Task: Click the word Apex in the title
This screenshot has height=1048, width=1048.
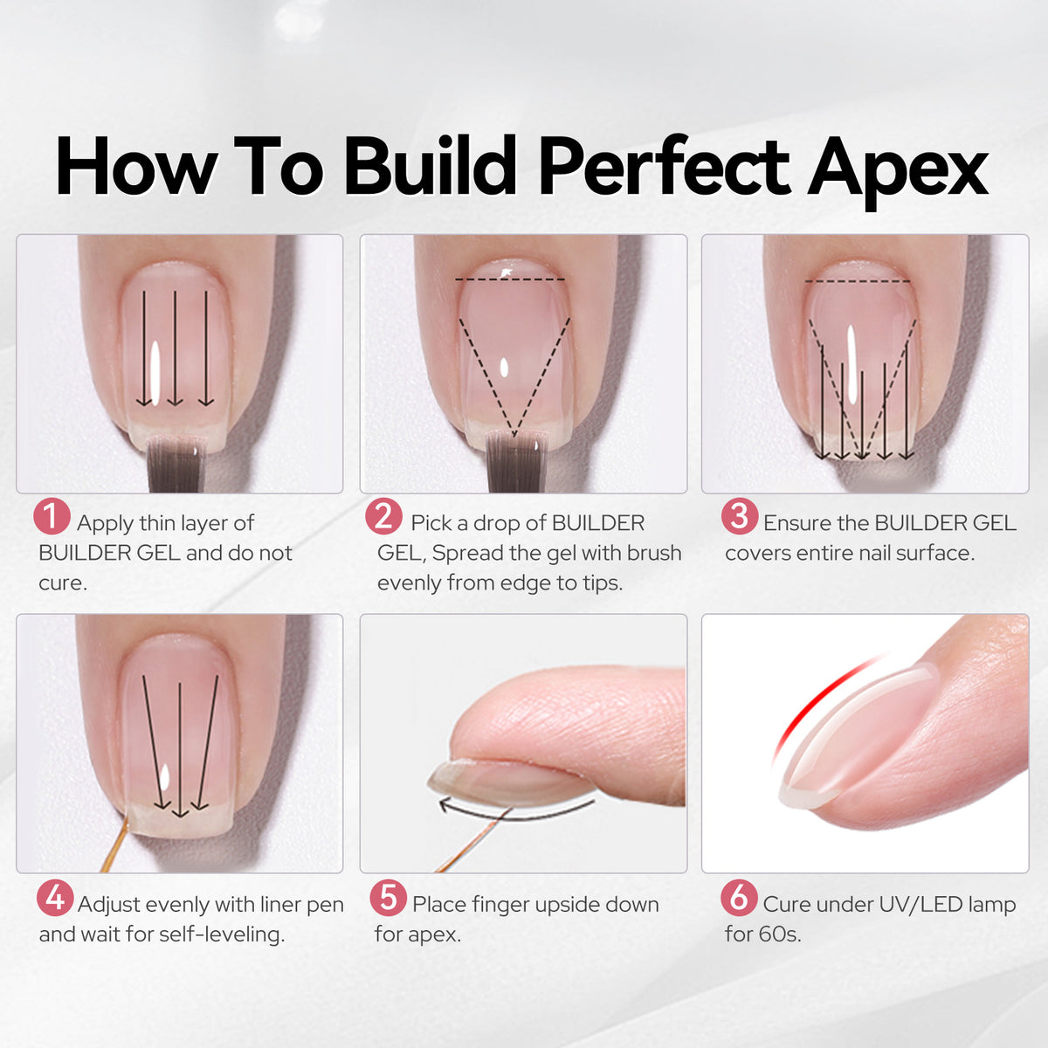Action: coord(898,169)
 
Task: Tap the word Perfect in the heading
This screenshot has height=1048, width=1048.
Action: coord(664,164)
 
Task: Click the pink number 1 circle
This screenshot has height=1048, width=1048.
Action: coord(52,516)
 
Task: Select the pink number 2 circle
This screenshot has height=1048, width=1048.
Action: coord(384,516)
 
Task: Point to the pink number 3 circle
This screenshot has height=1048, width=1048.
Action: coord(740,516)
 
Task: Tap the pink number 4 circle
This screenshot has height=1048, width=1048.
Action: coord(55,898)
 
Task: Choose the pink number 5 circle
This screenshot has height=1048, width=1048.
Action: coord(389,898)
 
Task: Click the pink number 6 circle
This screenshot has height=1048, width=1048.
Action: coord(739,898)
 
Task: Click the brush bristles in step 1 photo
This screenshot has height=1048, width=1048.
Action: coord(176,464)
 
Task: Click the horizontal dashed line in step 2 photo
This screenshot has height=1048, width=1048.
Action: coord(510,279)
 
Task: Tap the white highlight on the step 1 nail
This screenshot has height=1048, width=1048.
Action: coord(155,374)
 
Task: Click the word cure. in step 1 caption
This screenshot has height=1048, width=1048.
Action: coord(63,583)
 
